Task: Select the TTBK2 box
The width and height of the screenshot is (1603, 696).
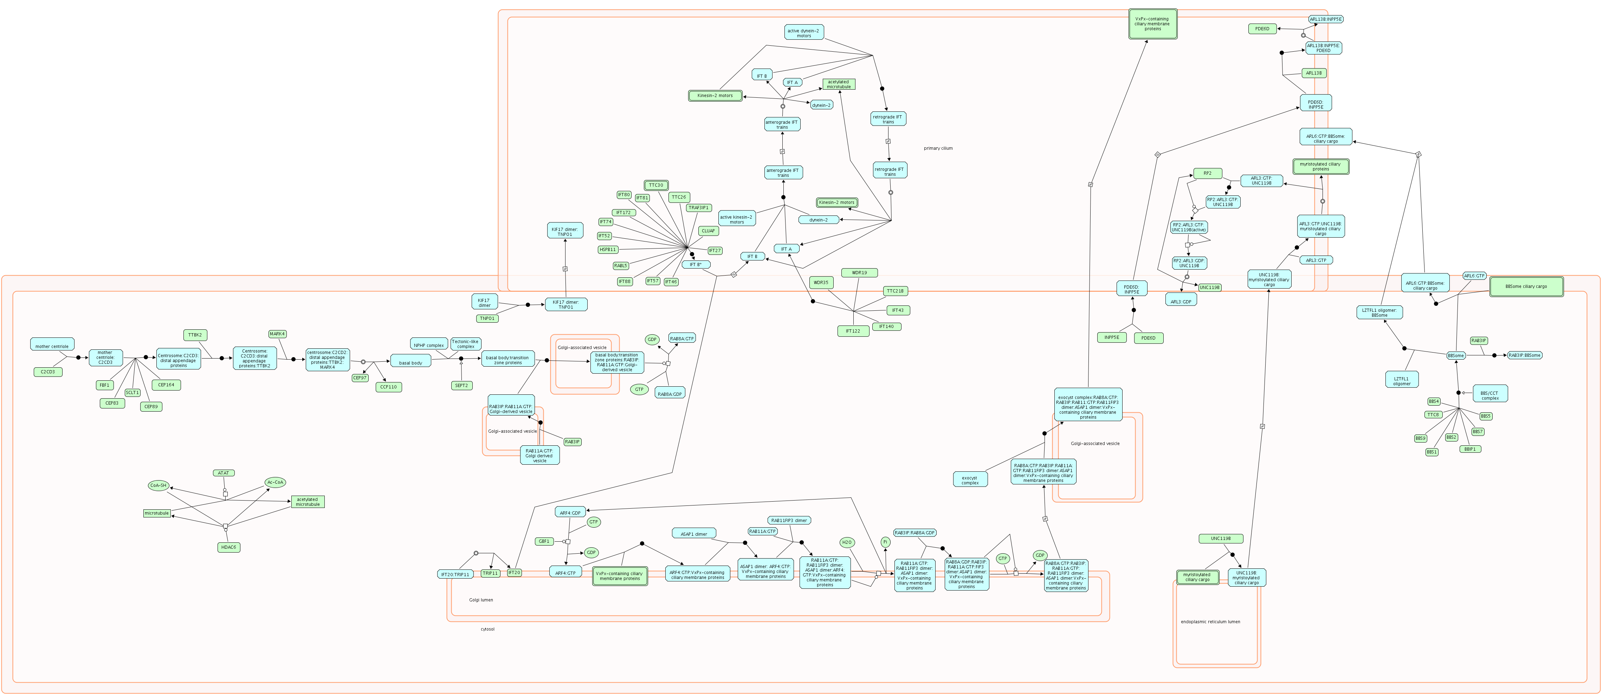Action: tap(195, 335)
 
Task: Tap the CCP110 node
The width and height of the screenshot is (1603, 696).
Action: tap(388, 387)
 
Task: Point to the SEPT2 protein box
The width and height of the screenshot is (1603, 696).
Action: tap(461, 385)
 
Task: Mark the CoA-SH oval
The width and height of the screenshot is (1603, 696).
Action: tap(158, 485)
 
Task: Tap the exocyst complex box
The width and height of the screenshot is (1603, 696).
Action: tap(970, 480)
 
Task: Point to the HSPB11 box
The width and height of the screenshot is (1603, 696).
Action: tap(608, 250)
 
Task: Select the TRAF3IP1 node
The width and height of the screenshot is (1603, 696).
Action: tap(699, 208)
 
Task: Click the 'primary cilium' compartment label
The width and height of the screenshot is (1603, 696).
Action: tap(938, 148)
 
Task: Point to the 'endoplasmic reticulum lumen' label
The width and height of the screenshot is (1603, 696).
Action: tap(1210, 622)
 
